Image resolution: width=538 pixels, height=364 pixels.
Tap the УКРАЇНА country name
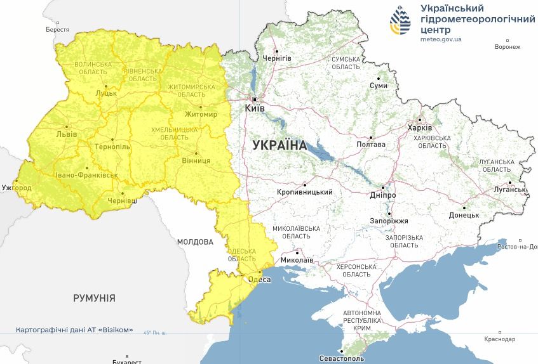click(279, 145)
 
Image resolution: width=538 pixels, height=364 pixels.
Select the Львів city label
click(67, 134)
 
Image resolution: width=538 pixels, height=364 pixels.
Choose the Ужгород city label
click(16, 188)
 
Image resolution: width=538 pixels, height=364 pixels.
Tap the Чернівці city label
click(123, 200)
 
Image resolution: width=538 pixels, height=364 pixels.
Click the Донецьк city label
click(464, 216)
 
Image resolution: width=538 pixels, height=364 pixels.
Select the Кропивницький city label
click(305, 192)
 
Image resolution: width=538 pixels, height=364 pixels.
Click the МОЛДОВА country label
click(195, 242)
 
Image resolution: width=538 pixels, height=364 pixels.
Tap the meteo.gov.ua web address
click(441, 39)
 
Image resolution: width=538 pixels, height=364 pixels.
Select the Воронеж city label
click(507, 47)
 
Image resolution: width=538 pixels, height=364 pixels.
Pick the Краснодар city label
click(499, 339)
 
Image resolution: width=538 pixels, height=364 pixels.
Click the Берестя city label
click(57, 30)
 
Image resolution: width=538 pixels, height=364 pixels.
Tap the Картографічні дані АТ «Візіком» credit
click(75, 330)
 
